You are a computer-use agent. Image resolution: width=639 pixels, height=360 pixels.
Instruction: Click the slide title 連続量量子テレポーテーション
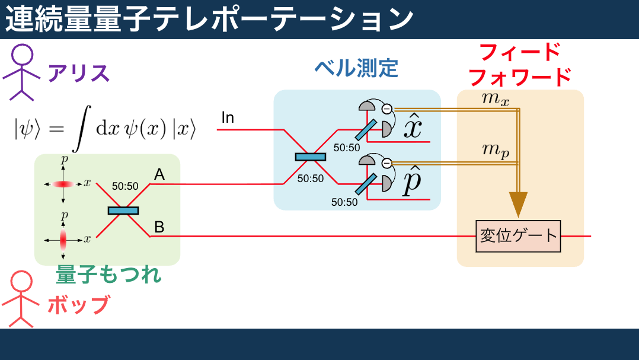pos(209,19)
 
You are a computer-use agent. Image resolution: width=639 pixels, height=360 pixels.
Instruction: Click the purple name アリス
pos(79,74)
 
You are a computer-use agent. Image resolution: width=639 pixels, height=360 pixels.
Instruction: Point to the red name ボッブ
pos(78,305)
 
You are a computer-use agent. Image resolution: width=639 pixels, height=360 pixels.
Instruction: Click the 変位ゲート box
pos(518,236)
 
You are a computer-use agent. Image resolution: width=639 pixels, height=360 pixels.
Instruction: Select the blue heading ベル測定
pos(356,69)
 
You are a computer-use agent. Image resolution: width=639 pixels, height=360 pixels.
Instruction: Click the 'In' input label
pos(228,118)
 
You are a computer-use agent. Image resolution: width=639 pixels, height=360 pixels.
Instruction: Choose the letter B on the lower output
pos(159,227)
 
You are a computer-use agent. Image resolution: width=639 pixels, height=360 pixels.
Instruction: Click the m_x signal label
pos(496,98)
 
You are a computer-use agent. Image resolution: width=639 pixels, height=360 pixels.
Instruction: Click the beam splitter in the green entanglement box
pos(123,210)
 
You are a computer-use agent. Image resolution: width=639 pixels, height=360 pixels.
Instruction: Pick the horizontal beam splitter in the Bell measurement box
pos(311,157)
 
